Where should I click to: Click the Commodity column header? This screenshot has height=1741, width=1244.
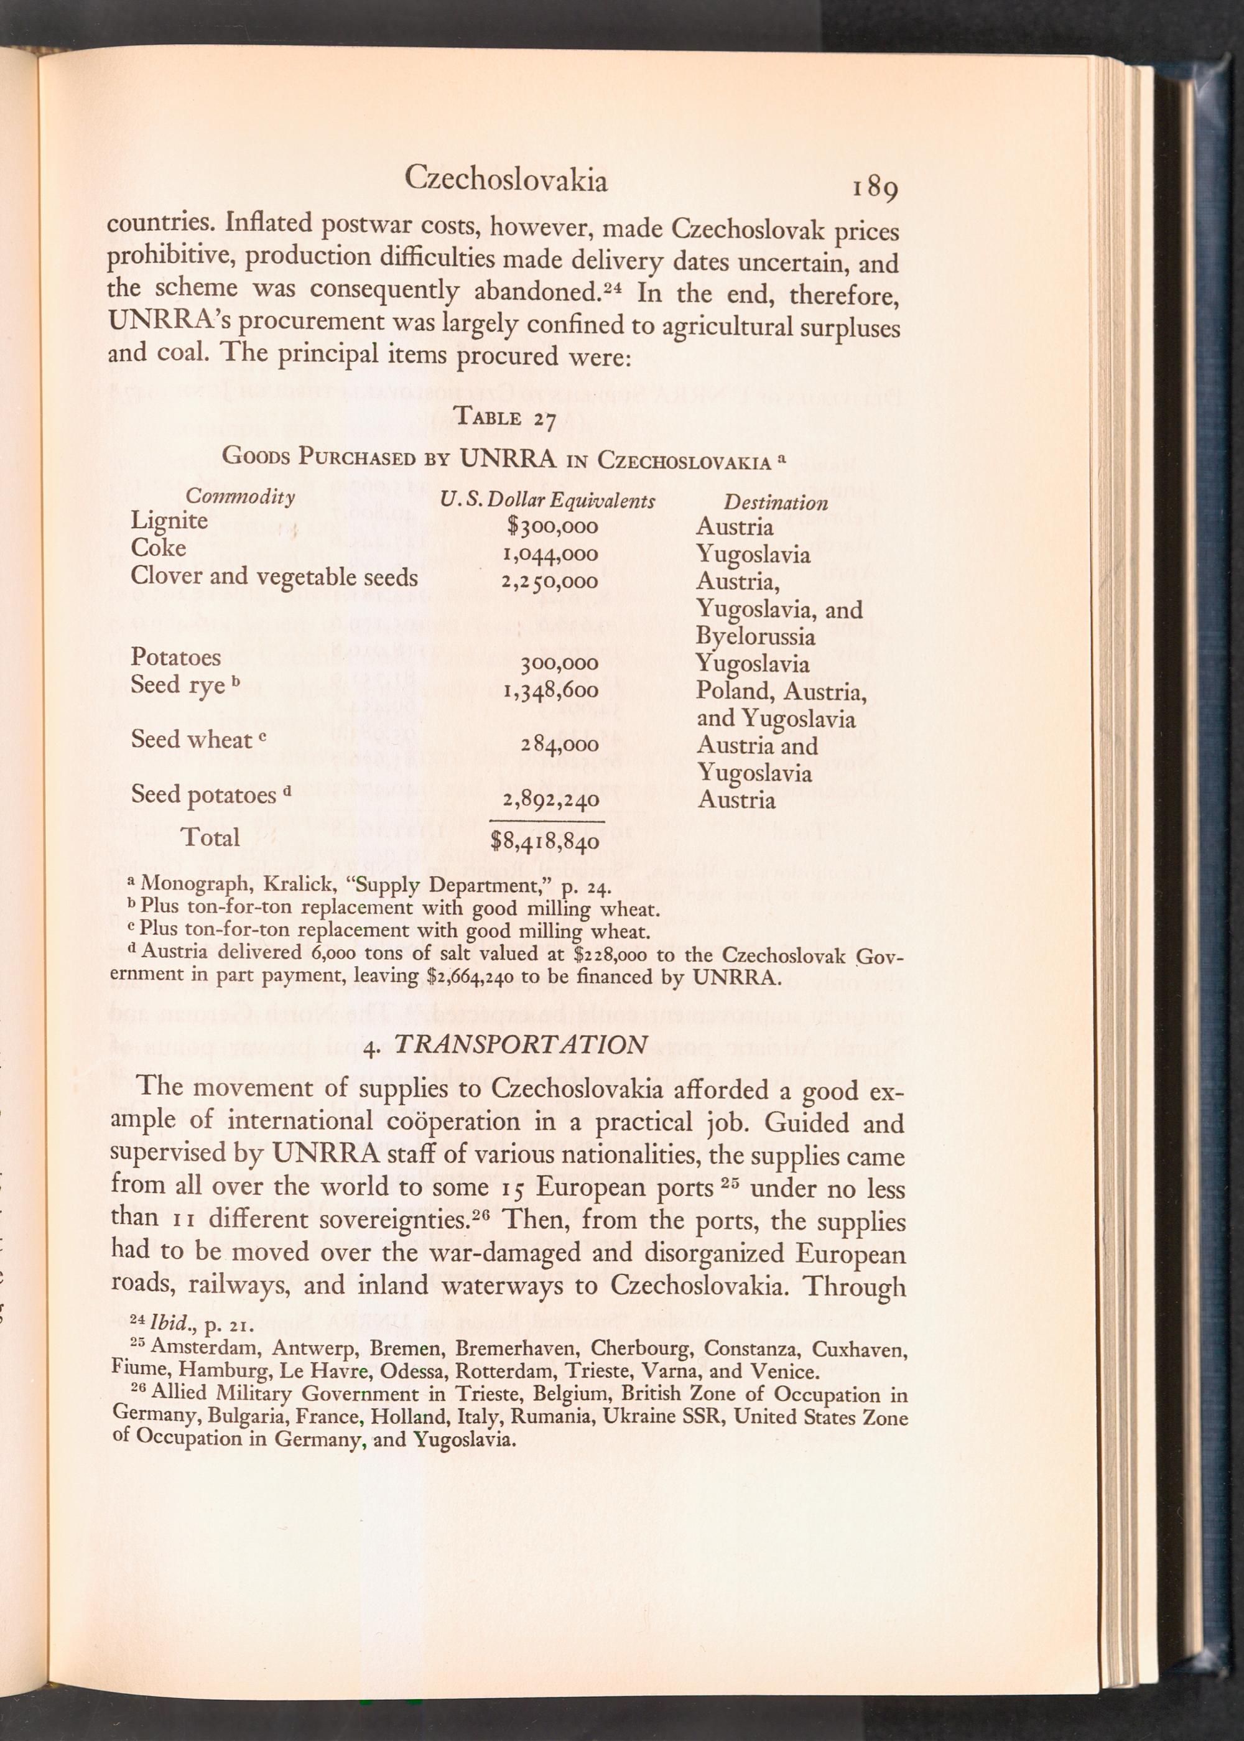(241, 496)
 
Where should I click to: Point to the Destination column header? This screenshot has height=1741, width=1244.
(776, 503)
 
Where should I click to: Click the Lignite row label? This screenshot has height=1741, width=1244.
(169, 521)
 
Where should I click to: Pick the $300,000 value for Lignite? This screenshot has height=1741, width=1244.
(552, 527)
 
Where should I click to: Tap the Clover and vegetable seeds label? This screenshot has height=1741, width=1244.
(274, 576)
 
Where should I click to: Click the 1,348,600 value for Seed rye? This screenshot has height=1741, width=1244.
(549, 692)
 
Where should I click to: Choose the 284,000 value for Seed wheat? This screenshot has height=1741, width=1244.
(559, 745)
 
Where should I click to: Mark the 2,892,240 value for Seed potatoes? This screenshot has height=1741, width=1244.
(549, 801)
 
